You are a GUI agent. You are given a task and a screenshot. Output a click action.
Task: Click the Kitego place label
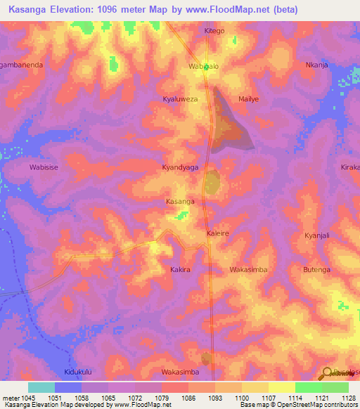pyautogui.click(x=214, y=31)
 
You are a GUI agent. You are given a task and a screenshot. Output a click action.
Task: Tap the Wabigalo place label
pyautogui.click(x=204, y=65)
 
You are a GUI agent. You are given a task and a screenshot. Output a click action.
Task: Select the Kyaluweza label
pyautogui.click(x=181, y=100)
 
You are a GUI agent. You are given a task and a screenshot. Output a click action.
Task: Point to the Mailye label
pyautogui.click(x=249, y=99)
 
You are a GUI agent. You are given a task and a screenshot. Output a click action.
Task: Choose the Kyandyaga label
pyautogui.click(x=181, y=168)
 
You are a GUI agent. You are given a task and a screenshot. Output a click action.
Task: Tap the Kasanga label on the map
pyautogui.click(x=179, y=202)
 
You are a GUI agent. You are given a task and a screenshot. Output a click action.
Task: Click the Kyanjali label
pyautogui.click(x=320, y=235)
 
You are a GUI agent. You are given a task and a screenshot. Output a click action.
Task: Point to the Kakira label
pyautogui.click(x=181, y=269)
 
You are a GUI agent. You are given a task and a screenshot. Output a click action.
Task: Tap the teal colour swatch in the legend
pyautogui.click(x=41, y=387)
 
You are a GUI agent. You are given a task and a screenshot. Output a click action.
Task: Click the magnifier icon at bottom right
pyautogui.click(x=326, y=373)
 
